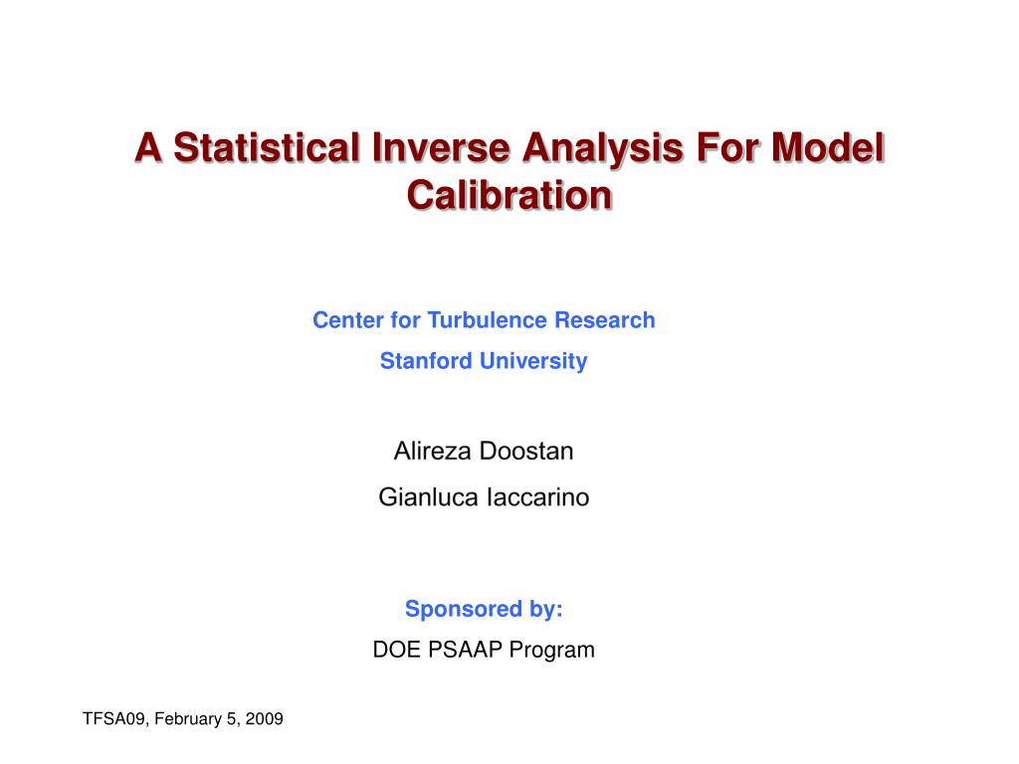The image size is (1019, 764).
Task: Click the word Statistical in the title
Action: coord(266,147)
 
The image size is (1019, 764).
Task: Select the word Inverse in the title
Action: coord(441,147)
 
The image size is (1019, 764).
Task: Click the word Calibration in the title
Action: coord(509,195)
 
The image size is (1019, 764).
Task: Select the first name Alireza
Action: coord(432,451)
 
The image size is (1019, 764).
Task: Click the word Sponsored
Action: coord(464,610)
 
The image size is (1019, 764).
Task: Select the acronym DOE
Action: coord(396,650)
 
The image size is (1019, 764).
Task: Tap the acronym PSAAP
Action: coord(465,650)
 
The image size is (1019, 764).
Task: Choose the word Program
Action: coord(551,651)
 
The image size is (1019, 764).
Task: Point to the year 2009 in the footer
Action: coord(264,718)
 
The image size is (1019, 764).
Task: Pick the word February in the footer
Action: coord(188,719)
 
